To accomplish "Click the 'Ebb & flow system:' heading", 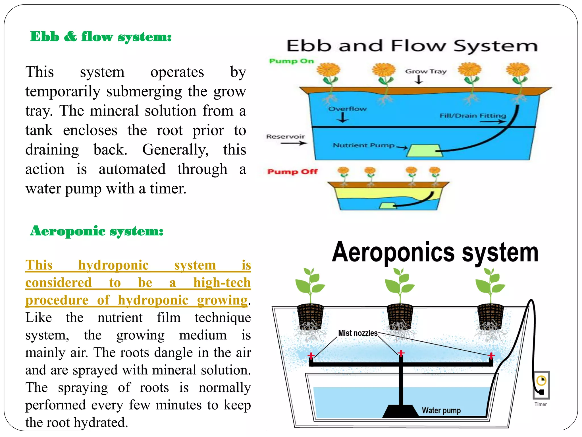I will point(101,37).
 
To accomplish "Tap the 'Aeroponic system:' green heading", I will point(97,231).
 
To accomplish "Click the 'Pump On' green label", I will point(291,61).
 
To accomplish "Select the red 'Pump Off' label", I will point(292,172).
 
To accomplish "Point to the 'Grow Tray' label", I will point(425,71).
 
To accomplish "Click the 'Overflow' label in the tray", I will point(347,109).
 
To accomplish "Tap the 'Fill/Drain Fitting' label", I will point(473,116).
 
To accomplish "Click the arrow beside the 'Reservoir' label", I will point(294,143).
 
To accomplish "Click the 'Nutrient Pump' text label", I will point(364,145).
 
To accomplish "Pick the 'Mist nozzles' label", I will point(357,333).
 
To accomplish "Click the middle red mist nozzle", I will point(401,354).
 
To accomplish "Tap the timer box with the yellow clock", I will point(541,385).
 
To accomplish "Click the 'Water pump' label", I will point(441,411).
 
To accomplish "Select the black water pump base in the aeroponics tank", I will point(400,411).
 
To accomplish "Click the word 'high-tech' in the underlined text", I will point(222,283).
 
